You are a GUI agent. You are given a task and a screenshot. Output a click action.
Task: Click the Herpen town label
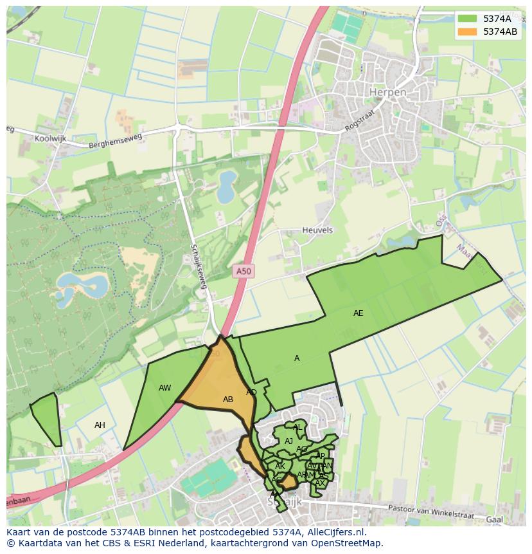(x=387, y=93)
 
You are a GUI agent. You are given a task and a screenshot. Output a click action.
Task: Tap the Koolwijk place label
(x=51, y=138)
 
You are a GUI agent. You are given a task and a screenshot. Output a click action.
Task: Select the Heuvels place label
(x=317, y=230)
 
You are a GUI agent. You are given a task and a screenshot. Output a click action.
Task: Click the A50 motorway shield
(x=244, y=272)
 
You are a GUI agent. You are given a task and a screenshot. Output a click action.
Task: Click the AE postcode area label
(x=358, y=313)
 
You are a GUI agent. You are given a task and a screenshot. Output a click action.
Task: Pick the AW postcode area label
(x=165, y=388)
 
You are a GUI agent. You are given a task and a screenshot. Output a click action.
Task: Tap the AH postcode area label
(x=100, y=425)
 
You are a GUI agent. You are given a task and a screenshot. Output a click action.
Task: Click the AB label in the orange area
(x=228, y=400)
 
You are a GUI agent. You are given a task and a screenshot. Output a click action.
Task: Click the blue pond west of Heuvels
(x=226, y=187)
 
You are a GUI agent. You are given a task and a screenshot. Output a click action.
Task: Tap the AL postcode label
(x=297, y=427)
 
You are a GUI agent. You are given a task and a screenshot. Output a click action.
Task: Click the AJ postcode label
(x=288, y=441)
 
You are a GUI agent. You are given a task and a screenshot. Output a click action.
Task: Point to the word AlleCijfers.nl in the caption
(x=334, y=532)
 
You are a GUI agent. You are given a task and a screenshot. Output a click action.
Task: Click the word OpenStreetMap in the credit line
(x=350, y=543)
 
